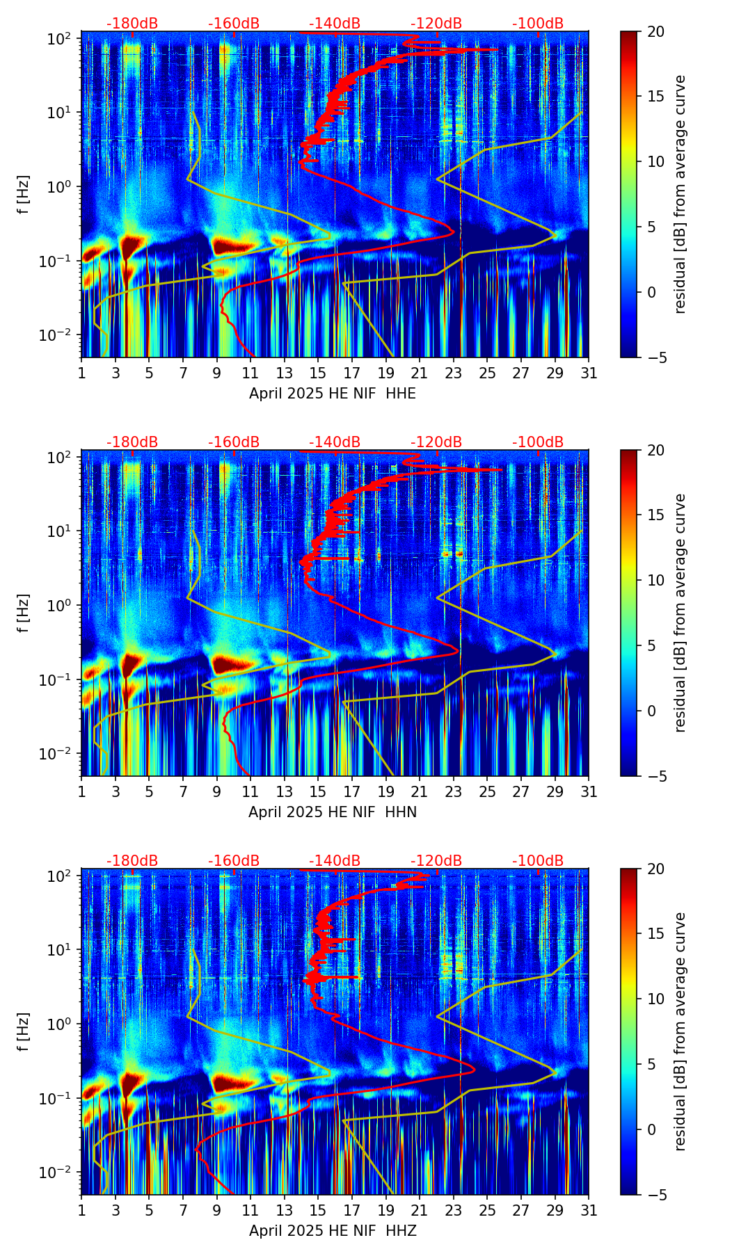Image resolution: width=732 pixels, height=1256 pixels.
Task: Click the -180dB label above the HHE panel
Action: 132,24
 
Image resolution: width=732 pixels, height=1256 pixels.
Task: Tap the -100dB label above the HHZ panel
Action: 538,861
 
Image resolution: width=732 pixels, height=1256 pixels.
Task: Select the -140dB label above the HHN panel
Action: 335,442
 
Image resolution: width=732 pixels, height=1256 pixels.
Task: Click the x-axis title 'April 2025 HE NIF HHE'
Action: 332,394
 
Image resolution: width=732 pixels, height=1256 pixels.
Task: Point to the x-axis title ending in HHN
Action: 332,812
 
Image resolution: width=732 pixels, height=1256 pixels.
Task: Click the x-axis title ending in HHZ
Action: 332,1231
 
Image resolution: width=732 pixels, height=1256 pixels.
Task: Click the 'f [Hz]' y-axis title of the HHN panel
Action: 24,613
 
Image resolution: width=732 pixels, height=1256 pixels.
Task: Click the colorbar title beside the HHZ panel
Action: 680,1031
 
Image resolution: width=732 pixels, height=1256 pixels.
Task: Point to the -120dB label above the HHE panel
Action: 436,24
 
